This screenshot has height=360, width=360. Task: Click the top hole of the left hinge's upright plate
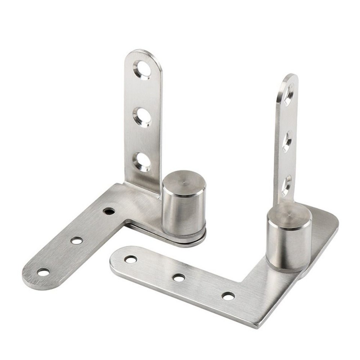142,69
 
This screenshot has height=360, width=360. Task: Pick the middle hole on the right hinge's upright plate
287,141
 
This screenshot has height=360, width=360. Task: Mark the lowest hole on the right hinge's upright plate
286,185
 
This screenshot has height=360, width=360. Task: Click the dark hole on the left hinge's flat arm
109,211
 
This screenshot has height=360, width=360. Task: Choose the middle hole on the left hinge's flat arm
77,240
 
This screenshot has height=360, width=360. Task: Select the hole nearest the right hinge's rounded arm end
130,259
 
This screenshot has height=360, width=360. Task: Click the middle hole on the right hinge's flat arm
179,277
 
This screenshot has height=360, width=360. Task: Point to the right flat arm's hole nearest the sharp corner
228,296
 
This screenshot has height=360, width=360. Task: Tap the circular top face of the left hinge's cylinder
184,183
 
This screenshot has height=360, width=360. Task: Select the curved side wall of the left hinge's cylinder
183,214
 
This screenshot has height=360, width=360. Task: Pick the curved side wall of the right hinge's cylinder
288,247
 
